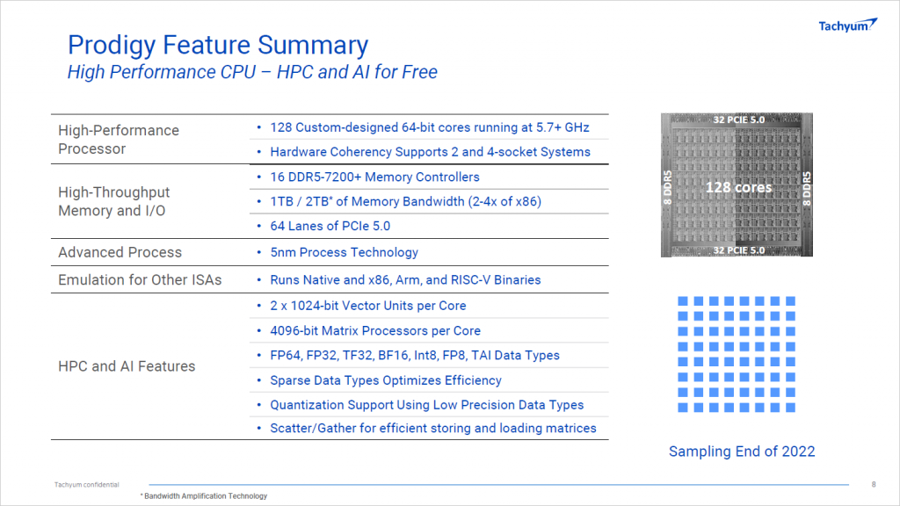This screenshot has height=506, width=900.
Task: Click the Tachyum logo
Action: click(x=848, y=25)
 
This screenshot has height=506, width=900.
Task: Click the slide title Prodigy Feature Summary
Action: click(x=218, y=46)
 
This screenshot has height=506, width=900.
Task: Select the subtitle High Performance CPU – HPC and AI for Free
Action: click(x=252, y=72)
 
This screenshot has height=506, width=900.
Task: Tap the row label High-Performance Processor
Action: click(x=119, y=140)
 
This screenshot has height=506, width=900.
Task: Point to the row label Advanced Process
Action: click(x=120, y=252)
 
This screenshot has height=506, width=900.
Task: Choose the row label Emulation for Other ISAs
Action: click(x=140, y=280)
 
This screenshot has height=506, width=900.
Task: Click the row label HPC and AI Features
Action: click(x=127, y=366)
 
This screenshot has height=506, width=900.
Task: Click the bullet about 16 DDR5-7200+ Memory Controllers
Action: click(x=374, y=177)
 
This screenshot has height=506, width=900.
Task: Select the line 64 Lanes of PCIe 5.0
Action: click(x=330, y=226)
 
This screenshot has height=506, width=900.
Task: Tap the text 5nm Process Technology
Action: click(x=345, y=252)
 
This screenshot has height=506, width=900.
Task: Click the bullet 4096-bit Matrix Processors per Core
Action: click(x=375, y=331)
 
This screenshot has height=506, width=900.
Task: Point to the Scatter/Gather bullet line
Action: click(x=433, y=428)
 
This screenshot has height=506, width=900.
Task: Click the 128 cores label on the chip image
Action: click(x=738, y=187)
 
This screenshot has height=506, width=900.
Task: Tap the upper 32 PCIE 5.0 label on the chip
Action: click(x=738, y=119)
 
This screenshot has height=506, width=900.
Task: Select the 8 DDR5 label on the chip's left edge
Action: click(x=668, y=188)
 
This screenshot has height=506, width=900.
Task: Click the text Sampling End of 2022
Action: click(x=742, y=452)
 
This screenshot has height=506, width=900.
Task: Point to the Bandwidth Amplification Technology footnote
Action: click(x=204, y=495)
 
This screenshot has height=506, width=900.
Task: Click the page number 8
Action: click(x=874, y=484)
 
